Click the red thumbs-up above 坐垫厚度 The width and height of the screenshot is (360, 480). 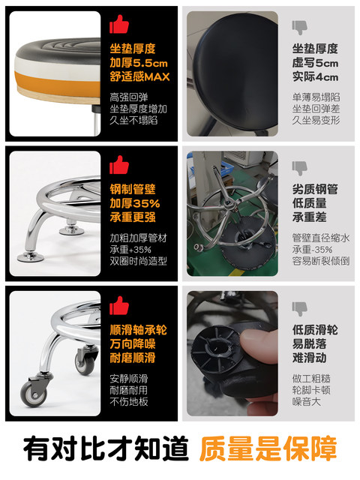coord(119,25)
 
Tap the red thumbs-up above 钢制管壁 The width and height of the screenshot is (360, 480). coord(119,165)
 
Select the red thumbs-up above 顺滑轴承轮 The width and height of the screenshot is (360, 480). coord(119,305)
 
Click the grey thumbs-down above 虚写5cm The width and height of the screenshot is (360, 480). coord(299,28)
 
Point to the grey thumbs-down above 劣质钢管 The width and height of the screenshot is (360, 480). coord(299,168)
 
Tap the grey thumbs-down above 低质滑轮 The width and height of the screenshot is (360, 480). coord(299,309)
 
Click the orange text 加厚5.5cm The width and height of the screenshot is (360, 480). coord(139,63)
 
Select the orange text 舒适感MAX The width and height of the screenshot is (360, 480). coord(139,76)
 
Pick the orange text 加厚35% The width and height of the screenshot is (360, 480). coord(135,203)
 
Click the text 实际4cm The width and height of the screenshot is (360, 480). coord(315,76)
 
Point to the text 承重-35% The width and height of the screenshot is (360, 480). coord(312,250)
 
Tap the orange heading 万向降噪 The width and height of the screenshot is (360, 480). coord(133,343)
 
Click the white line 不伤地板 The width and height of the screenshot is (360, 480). coord(129,401)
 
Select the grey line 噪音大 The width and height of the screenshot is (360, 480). coord(307,401)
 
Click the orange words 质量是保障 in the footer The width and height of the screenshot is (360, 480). coord(268,448)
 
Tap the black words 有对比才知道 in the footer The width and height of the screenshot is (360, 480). coord(106,448)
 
